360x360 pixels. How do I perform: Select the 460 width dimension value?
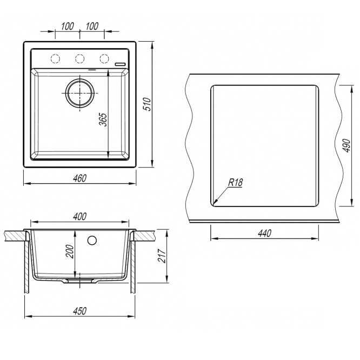pos(79,178)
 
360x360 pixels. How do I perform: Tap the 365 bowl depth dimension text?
pos(103,119)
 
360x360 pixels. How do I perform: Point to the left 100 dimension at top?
pos(68,26)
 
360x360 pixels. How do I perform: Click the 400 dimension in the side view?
pos(79,217)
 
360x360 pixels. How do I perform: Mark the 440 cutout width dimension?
pos(263,234)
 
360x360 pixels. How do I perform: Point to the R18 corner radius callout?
pos(235,183)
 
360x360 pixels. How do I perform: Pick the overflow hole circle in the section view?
pos(92,239)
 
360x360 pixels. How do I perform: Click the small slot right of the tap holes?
pos(121,64)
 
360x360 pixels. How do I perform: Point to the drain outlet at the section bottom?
pos(80,282)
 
